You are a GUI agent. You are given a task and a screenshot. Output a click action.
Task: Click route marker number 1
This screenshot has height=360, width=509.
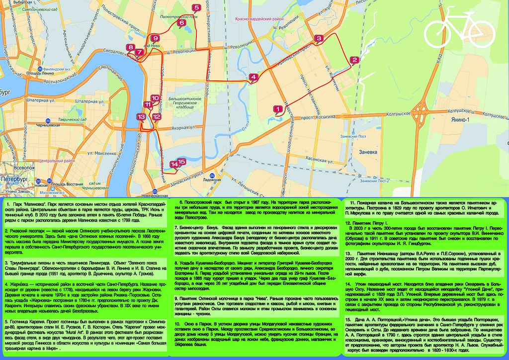pyautogui.click(x=278, y=108)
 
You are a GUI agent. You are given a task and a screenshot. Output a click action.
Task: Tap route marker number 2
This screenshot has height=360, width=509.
pyautogui.click(x=354, y=61)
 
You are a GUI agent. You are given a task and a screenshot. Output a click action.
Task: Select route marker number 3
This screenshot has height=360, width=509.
pyautogui.click(x=319, y=39)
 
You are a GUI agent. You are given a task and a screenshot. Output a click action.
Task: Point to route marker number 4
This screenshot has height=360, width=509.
pyautogui.click(x=254, y=77)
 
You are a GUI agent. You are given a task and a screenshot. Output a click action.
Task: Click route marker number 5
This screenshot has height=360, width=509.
pyautogui.click(x=196, y=7)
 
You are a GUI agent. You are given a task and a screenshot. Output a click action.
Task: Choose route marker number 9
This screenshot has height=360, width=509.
pyautogui.click(x=155, y=38)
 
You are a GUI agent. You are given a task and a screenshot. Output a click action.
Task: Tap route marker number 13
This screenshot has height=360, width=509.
pyautogui.click(x=141, y=117)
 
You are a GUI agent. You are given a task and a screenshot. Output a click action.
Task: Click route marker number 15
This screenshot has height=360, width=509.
pyautogui.click(x=181, y=162)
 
